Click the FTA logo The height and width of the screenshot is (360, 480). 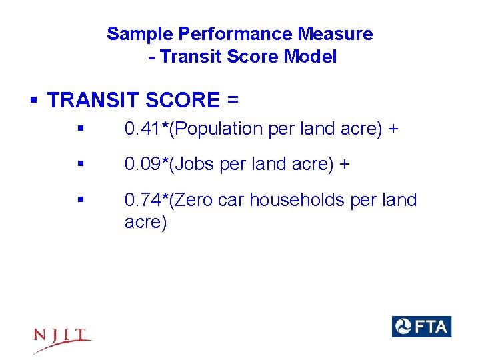[x=421, y=327]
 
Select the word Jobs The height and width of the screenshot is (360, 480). [x=194, y=164]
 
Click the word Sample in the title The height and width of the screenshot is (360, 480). [x=134, y=33]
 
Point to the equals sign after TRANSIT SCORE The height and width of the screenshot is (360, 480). [x=232, y=100]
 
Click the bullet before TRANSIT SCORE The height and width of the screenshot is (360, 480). [x=33, y=101]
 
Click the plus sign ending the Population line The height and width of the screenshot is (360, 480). [x=393, y=129]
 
